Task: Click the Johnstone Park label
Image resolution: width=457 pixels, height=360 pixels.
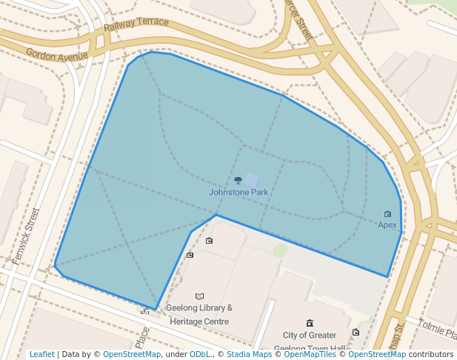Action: click(x=238, y=193)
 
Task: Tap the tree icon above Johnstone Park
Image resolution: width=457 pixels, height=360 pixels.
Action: click(x=238, y=180)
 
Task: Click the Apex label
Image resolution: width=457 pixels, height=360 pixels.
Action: click(x=388, y=225)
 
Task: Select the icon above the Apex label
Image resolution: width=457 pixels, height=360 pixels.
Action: click(x=387, y=214)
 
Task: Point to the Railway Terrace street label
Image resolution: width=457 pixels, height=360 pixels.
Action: click(x=136, y=25)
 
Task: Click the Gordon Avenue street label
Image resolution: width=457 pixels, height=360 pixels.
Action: click(x=57, y=54)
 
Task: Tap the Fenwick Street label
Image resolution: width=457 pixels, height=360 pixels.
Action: click(x=25, y=236)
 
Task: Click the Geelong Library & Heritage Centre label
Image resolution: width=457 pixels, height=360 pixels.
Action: click(x=201, y=315)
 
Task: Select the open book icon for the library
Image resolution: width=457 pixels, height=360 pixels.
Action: click(x=199, y=296)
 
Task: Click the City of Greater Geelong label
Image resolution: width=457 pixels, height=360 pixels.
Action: click(x=310, y=336)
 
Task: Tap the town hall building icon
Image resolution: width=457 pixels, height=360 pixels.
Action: click(x=309, y=324)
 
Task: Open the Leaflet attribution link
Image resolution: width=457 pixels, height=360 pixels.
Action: click(x=42, y=354)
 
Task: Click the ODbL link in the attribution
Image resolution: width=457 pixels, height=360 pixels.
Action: click(x=200, y=354)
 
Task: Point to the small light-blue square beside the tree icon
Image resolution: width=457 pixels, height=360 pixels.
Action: click(x=251, y=180)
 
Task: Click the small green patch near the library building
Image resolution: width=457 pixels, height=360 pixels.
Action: click(x=279, y=250)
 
